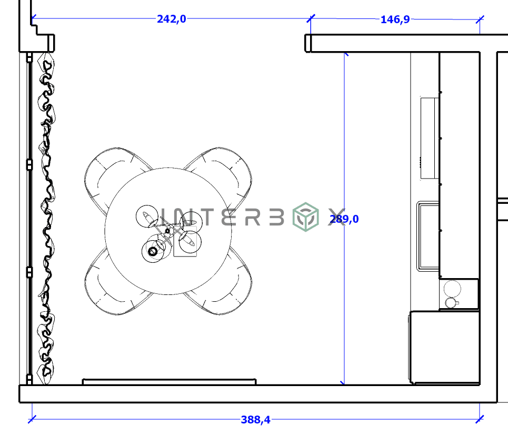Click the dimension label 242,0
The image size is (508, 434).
coord(171,19)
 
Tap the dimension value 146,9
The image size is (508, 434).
coord(395,19)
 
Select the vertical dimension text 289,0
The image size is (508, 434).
coord(344,219)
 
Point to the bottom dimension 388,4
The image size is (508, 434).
coord(255,420)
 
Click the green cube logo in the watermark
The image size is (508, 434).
coord(306,218)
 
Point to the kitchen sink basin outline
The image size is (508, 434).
coord(428,236)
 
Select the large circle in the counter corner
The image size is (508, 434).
coord(452,289)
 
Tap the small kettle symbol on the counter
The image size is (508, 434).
coord(451,302)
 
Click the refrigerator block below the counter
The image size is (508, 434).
coord(444,347)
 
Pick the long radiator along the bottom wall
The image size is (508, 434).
coord(169,381)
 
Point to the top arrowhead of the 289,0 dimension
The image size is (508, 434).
coord(344,54)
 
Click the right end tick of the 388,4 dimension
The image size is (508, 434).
coord(479,419)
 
